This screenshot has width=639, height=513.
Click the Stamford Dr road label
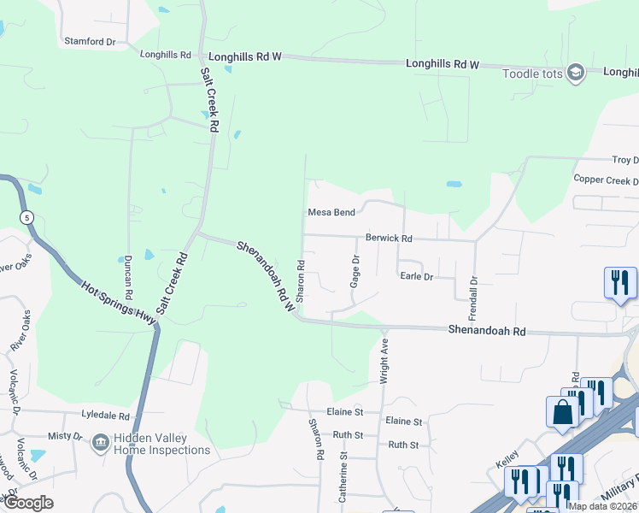[90, 42]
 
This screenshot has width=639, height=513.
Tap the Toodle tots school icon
[575, 73]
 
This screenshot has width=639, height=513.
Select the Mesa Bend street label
[331, 213]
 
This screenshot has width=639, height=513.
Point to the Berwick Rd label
[389, 239]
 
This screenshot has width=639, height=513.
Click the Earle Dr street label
[417, 276]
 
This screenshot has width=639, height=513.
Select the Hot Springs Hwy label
[120, 302]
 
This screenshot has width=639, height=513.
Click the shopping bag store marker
[563, 411]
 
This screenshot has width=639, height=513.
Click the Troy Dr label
[624, 160]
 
